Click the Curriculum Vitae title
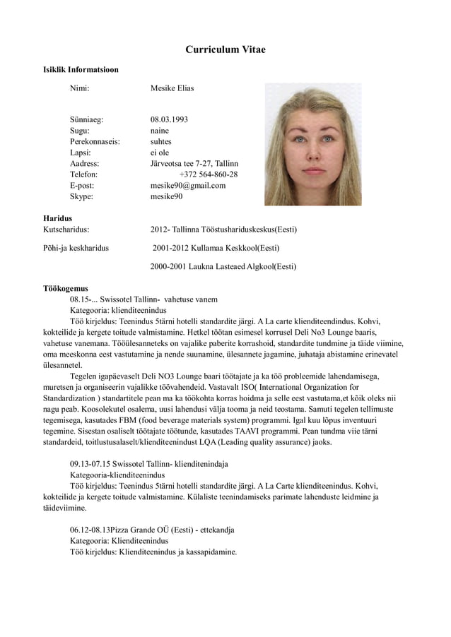(x=225, y=49)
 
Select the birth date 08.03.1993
(x=169, y=119)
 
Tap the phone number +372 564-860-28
(x=209, y=174)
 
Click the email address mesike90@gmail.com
(x=188, y=186)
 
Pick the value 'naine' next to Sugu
(x=160, y=131)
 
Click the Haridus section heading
(x=57, y=219)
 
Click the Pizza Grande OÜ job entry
(x=152, y=530)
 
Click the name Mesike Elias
(x=172, y=88)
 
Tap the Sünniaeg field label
(x=86, y=119)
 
